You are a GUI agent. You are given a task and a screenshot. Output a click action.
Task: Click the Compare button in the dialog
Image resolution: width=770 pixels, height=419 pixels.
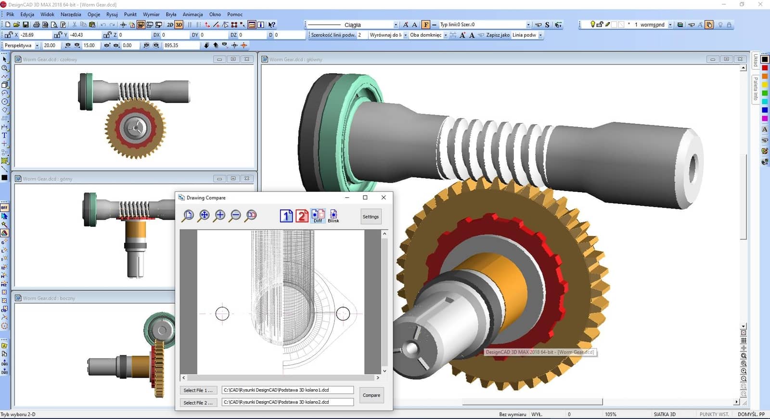point(371,395)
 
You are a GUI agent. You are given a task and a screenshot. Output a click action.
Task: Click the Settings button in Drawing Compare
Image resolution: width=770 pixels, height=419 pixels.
point(371,217)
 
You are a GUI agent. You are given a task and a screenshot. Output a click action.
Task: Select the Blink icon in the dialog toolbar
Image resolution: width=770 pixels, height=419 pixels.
point(334,216)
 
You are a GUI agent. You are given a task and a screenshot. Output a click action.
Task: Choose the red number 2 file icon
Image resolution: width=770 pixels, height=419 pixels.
point(302,216)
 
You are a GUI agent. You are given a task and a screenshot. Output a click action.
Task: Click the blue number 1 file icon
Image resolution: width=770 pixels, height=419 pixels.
point(286,216)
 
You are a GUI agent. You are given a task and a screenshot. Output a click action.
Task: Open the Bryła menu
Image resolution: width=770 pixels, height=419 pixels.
point(171,14)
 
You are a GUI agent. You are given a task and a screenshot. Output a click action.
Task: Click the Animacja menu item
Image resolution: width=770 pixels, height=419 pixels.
point(192,14)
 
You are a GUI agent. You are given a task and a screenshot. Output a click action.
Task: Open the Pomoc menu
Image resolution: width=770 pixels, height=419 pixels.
point(235,14)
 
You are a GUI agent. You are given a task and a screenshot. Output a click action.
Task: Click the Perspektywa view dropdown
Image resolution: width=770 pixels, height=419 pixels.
point(21,45)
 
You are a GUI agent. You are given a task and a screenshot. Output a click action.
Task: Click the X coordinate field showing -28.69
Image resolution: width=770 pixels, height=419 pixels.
point(34,35)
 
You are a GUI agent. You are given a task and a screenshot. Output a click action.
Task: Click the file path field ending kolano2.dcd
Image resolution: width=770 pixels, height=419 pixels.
point(287,402)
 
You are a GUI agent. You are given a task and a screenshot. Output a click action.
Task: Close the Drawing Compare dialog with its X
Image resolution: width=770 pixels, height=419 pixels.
point(384,197)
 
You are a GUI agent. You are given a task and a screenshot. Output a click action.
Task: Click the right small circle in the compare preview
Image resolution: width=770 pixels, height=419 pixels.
point(343,314)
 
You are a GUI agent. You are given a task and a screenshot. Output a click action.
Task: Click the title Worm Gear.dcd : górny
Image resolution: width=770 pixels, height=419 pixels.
point(48,179)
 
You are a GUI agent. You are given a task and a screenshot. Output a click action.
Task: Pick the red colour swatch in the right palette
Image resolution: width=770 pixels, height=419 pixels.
point(765,68)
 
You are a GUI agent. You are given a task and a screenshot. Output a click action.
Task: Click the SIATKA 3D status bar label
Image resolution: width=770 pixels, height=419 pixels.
point(664,414)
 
